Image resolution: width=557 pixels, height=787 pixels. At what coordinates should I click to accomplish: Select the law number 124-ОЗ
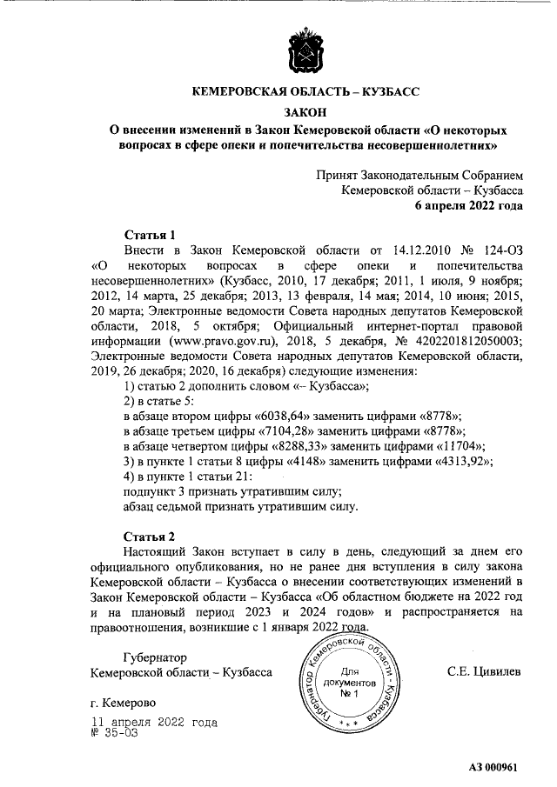pos(497,250)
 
